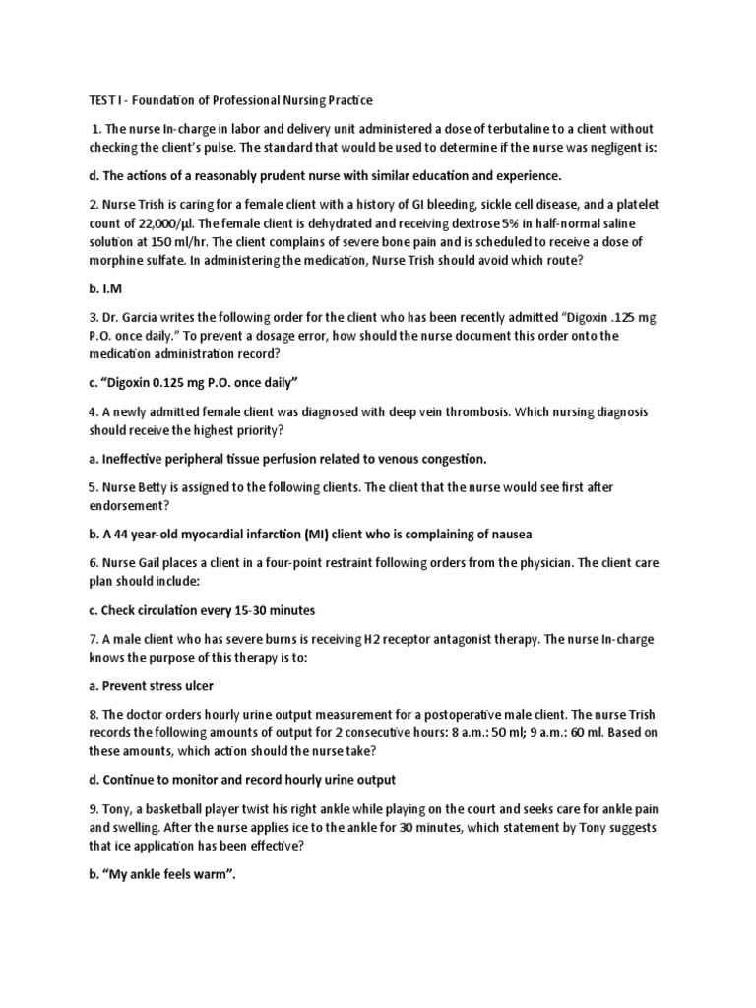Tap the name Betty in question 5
(x=157, y=488)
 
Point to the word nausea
(x=506, y=534)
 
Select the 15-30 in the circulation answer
(x=261, y=609)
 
